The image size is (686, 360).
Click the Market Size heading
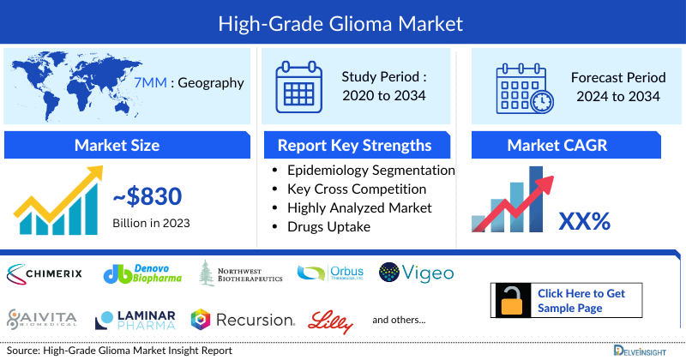click(x=117, y=145)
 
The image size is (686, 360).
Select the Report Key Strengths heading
click(x=353, y=145)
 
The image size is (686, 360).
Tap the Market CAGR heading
click(x=569, y=145)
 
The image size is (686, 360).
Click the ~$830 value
click(x=147, y=197)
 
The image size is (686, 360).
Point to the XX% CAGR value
click(x=584, y=222)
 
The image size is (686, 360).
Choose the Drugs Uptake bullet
click(x=329, y=226)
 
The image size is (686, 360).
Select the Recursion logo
click(x=243, y=320)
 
